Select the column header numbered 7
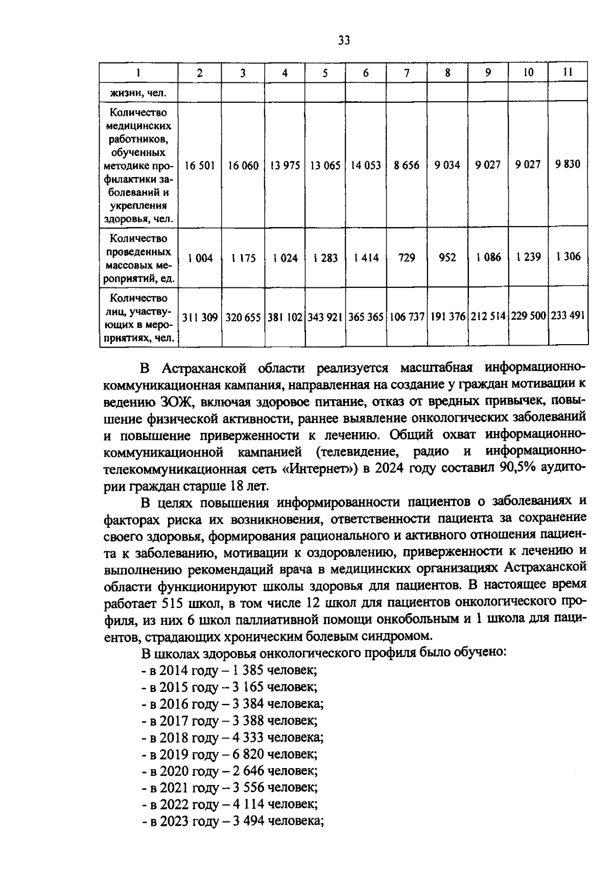407,73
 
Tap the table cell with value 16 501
200,166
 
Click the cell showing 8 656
407,166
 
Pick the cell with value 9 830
568,165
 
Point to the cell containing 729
407,258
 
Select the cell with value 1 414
366,258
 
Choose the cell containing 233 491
568,317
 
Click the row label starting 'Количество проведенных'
139,259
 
